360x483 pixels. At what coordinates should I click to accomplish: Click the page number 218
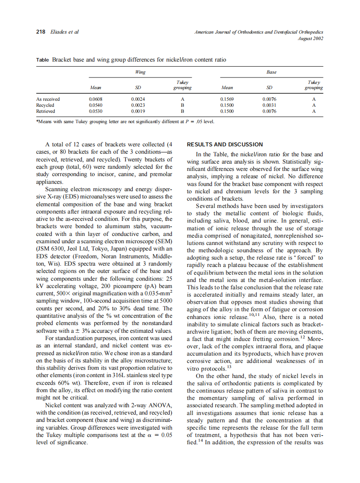40,32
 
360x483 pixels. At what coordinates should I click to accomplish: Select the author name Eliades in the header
59,32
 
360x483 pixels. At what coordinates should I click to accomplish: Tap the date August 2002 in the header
310,38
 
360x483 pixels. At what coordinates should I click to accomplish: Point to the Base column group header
271,72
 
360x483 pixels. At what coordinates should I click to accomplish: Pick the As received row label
48,99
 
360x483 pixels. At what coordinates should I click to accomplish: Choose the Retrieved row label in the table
45,111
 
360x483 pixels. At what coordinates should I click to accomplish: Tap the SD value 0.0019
138,111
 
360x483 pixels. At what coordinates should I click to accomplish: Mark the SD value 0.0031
270,105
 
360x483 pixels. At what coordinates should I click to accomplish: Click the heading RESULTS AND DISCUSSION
224,145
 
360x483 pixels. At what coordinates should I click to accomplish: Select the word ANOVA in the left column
161,406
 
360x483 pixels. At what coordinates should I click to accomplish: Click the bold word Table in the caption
42,60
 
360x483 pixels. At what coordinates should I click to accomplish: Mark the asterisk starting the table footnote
37,121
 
